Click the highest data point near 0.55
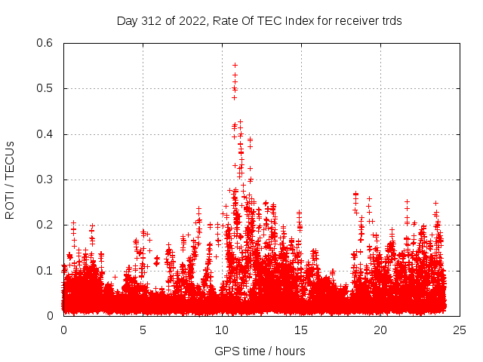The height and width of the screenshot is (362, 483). pyautogui.click(x=235, y=65)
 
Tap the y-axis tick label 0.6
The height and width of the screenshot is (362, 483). pyautogui.click(x=45, y=44)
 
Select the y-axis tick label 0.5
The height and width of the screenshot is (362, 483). pyautogui.click(x=45, y=89)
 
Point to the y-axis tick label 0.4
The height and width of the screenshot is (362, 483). pyautogui.click(x=45, y=134)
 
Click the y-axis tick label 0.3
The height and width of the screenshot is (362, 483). pyautogui.click(x=45, y=179)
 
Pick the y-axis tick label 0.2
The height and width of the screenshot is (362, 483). pyautogui.click(x=45, y=225)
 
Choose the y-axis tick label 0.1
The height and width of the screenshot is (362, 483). pyautogui.click(x=45, y=270)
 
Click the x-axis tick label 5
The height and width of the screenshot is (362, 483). pyautogui.click(x=143, y=330)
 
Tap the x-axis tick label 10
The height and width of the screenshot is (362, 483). pyautogui.click(x=222, y=330)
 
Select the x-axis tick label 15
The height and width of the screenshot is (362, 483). pyautogui.click(x=301, y=330)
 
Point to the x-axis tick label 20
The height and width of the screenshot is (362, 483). pyautogui.click(x=380, y=330)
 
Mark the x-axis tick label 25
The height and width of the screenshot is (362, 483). pyautogui.click(x=460, y=330)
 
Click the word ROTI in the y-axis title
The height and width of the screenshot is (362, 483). pyautogui.click(x=11, y=204)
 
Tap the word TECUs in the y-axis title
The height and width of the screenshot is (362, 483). pyautogui.click(x=11, y=158)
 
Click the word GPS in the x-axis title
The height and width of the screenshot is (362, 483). pyautogui.click(x=226, y=351)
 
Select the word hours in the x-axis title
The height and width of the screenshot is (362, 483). pyautogui.click(x=290, y=351)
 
